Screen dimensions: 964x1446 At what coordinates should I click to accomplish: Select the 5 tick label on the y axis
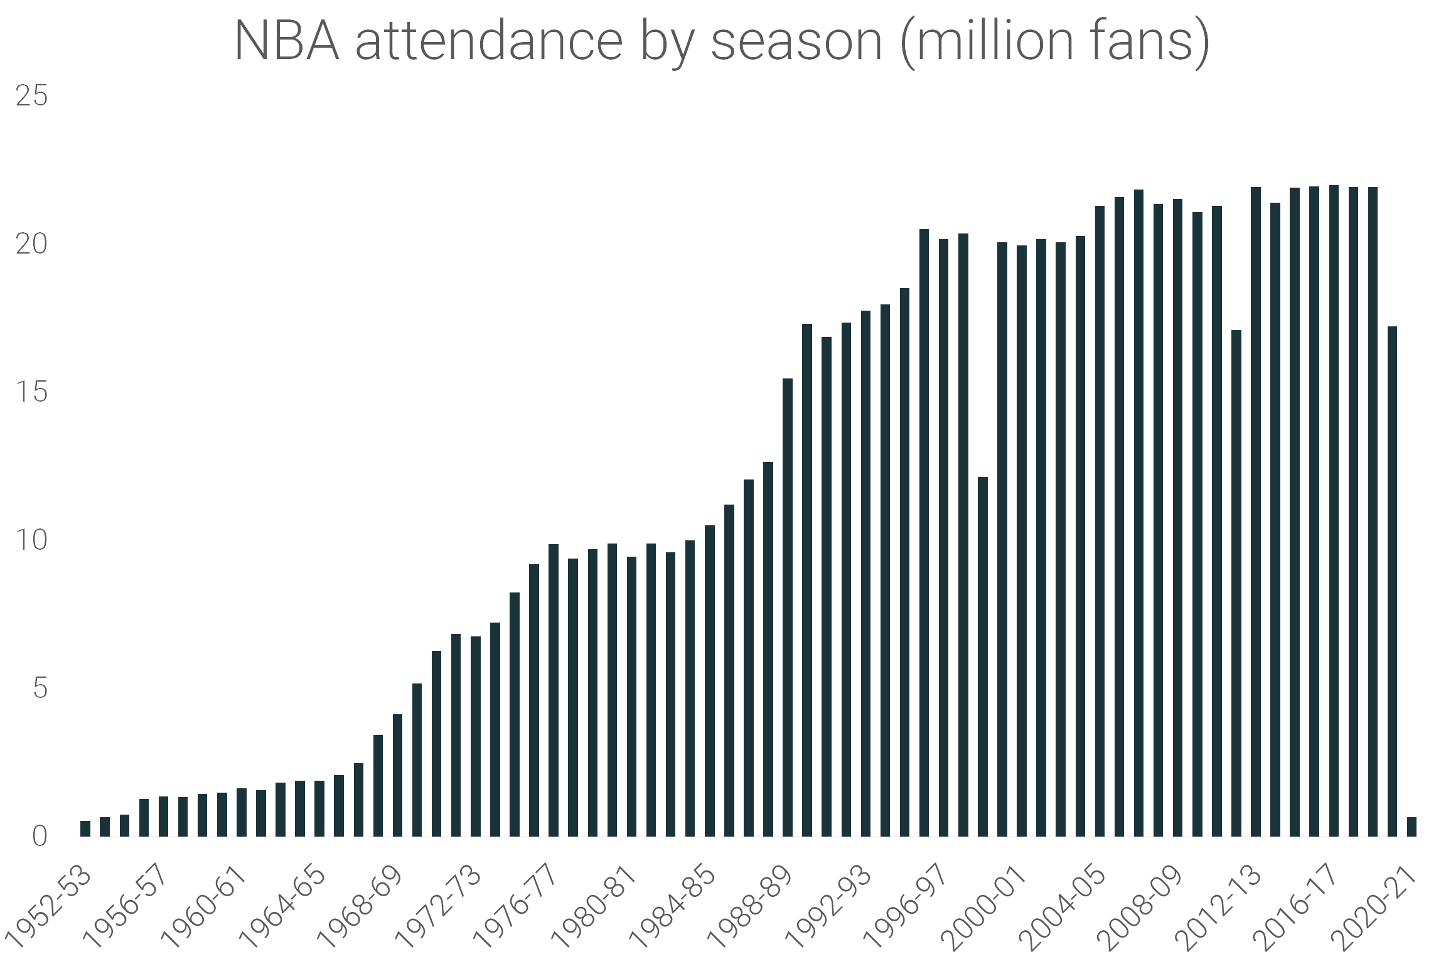(39, 688)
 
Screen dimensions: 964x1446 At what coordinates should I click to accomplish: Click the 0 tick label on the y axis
(39, 837)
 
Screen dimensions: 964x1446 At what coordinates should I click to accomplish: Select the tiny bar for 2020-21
(1411, 827)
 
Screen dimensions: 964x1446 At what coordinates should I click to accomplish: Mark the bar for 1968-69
(398, 776)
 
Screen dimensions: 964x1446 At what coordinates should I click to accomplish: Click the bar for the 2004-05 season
(1100, 521)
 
